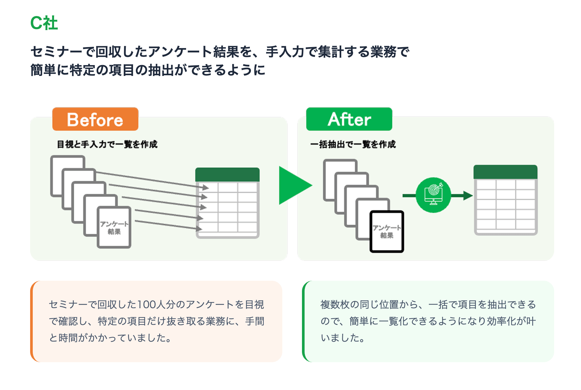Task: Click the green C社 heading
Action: pyautogui.click(x=44, y=23)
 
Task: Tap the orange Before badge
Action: pyautogui.click(x=95, y=119)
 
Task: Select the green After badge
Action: pyautogui.click(x=349, y=119)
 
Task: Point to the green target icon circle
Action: pyautogui.click(x=433, y=195)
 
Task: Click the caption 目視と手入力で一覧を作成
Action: pyautogui.click(x=107, y=144)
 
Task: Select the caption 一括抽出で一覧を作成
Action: pyautogui.click(x=353, y=144)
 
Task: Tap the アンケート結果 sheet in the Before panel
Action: pyautogui.click(x=114, y=228)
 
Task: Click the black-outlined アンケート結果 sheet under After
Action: pyautogui.click(x=387, y=232)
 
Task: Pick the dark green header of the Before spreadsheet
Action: pyautogui.click(x=227, y=175)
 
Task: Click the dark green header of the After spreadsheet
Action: pyautogui.click(x=505, y=172)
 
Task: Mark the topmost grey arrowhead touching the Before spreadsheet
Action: pyautogui.click(x=205, y=187)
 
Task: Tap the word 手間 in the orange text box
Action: pyautogui.click(x=255, y=321)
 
